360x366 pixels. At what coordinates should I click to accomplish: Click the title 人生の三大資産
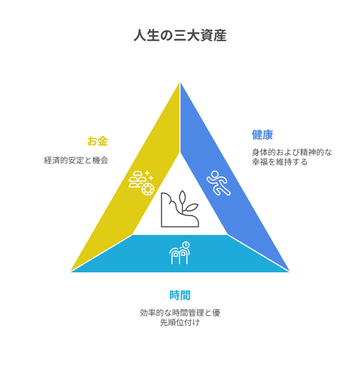point(180,35)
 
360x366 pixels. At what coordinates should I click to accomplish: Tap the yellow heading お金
point(97,141)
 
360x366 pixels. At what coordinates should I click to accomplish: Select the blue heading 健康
point(262,135)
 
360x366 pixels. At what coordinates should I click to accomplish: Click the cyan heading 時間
point(180,295)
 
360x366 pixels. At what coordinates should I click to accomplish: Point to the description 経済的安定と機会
point(76,161)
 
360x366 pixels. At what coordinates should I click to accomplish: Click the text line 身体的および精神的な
point(292,152)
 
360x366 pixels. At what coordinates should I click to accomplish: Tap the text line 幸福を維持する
point(280,162)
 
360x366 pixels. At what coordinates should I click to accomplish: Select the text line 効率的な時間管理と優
point(180,313)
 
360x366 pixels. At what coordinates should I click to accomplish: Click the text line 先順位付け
point(180,322)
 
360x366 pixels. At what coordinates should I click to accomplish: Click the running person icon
point(219,183)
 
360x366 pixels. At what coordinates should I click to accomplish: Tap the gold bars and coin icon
point(141,183)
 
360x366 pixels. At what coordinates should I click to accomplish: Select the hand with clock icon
point(179,253)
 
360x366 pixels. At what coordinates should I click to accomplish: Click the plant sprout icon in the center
point(180,209)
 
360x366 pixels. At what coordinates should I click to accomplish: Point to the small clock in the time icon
point(186,245)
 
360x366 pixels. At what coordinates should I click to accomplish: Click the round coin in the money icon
point(148,189)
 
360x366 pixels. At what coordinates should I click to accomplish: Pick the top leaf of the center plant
point(182,197)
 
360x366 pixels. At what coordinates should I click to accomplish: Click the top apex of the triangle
point(180,82)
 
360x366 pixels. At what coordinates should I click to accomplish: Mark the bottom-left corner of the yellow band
point(71,271)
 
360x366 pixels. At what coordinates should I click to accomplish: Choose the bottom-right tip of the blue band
point(289,271)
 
